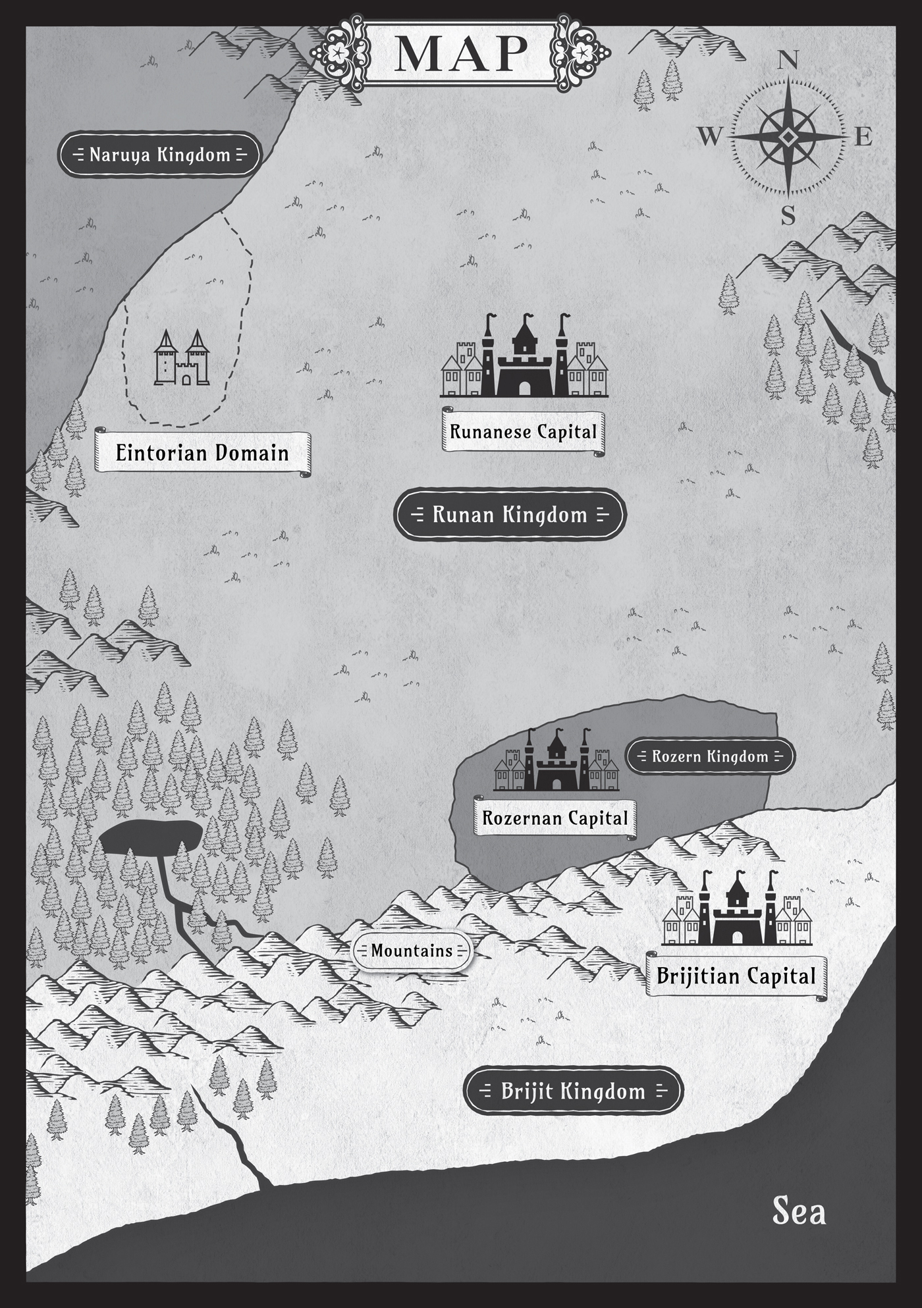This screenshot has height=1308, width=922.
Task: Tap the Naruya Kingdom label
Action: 159,155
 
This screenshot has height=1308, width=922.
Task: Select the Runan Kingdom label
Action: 509,514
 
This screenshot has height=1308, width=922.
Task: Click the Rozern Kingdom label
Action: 710,756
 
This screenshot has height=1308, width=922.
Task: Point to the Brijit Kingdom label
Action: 573,1091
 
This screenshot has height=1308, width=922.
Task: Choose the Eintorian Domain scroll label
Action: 202,453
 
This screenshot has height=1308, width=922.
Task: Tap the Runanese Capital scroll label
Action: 523,432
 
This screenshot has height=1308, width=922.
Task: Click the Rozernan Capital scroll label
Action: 555,818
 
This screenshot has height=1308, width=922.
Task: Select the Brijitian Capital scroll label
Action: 736,976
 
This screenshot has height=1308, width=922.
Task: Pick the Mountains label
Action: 412,951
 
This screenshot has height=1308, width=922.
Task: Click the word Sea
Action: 799,1212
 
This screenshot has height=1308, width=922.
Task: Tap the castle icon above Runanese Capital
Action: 524,359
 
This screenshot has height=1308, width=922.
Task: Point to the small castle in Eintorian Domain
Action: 182,359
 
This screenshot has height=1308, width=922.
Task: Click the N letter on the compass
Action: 788,61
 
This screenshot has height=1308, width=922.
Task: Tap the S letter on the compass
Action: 788,216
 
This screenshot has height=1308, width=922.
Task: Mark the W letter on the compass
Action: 709,137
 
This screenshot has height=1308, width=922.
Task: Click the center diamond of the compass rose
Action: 788,137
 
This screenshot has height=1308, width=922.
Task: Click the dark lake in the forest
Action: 150,839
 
